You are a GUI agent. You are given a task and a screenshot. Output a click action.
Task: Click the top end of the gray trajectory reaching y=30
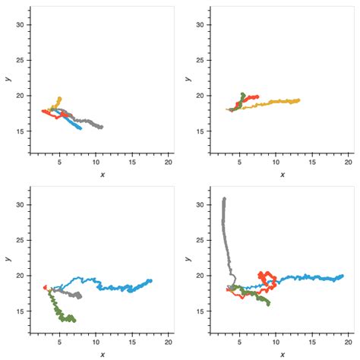tap(224, 199)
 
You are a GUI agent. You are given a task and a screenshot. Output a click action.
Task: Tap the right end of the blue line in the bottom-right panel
tap(342, 276)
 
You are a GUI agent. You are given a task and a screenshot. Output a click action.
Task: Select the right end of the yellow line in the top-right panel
tap(298, 99)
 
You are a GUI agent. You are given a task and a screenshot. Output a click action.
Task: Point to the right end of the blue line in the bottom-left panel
tap(150, 281)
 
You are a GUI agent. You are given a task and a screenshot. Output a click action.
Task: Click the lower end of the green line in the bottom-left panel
tap(73, 321)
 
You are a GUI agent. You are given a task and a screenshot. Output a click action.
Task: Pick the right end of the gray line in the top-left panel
tap(101, 127)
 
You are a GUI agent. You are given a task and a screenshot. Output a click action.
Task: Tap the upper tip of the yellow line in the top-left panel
tap(59, 98)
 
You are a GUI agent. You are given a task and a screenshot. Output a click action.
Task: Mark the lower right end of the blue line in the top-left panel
tap(80, 128)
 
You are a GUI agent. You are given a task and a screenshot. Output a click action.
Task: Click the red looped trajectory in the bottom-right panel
tap(265, 279)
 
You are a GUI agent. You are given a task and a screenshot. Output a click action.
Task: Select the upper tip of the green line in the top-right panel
tap(242, 94)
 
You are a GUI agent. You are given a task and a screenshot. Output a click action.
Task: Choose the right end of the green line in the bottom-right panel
tap(269, 303)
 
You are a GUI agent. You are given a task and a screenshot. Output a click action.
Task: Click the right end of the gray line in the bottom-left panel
tap(80, 295)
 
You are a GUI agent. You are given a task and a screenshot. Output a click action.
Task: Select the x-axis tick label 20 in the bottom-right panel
tap(349, 343)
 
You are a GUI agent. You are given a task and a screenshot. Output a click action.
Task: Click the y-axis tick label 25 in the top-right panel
tap(202, 60)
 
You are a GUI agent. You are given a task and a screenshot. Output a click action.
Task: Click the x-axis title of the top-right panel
tap(282, 175)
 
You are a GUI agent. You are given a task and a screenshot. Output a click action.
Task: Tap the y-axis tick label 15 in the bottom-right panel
tap(202, 311)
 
